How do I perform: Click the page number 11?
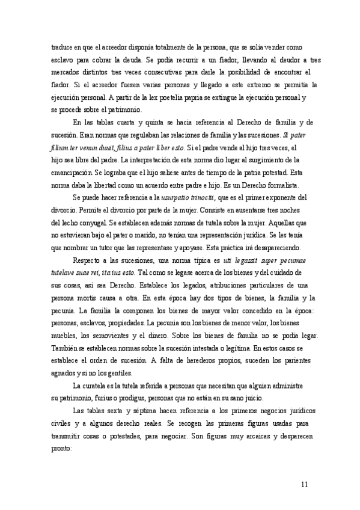pos(305,484)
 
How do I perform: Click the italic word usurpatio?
pos(175,197)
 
